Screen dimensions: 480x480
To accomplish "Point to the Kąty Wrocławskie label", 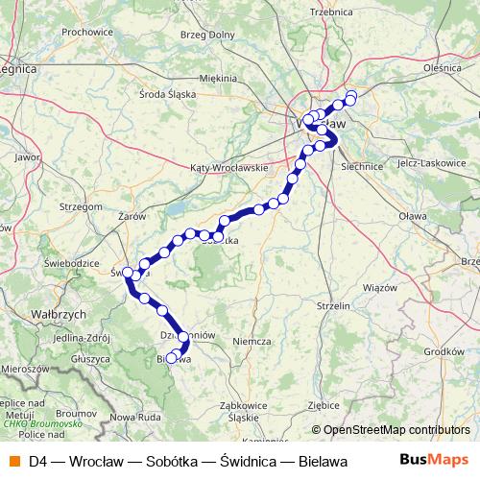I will coord(229,167).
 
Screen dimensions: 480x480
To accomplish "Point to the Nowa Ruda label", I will coord(135,417).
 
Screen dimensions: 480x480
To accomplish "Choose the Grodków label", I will coord(443,351).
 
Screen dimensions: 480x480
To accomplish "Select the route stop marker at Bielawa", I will coord(172,358).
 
